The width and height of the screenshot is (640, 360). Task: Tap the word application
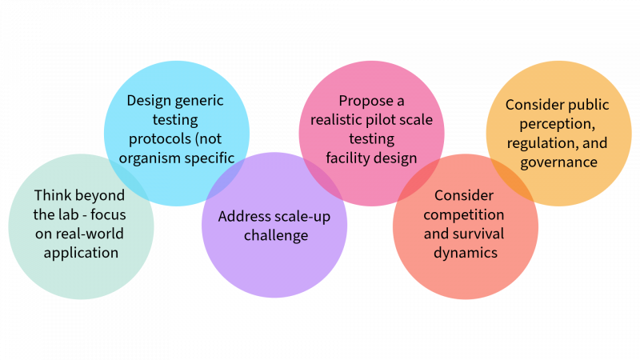click(81, 253)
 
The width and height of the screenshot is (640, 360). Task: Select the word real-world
click(90, 234)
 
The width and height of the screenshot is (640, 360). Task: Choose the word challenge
click(274, 235)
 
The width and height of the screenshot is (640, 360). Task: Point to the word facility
click(346, 157)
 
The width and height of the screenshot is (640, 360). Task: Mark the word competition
click(464, 214)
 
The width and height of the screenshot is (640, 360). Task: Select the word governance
click(558, 162)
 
